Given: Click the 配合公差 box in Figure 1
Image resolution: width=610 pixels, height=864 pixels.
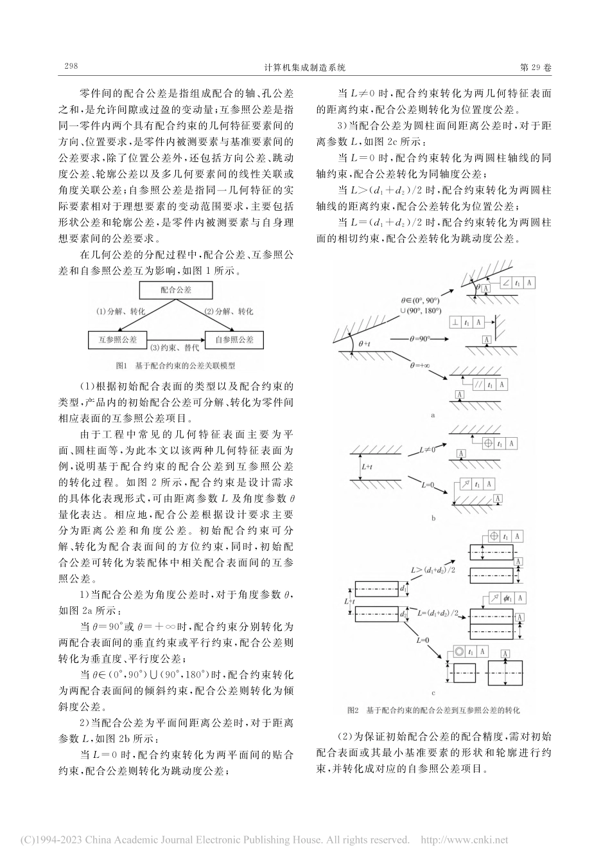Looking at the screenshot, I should point(176,290).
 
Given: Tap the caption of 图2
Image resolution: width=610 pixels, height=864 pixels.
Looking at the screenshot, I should point(432,710).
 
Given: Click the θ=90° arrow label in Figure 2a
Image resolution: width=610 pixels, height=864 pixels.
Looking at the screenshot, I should point(419,336).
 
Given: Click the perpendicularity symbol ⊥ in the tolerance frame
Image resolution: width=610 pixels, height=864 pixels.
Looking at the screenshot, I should point(454,321).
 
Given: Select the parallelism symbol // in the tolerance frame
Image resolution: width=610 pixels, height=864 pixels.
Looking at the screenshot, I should point(477,385).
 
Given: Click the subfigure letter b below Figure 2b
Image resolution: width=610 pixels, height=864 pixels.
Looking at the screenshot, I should point(433,517).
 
